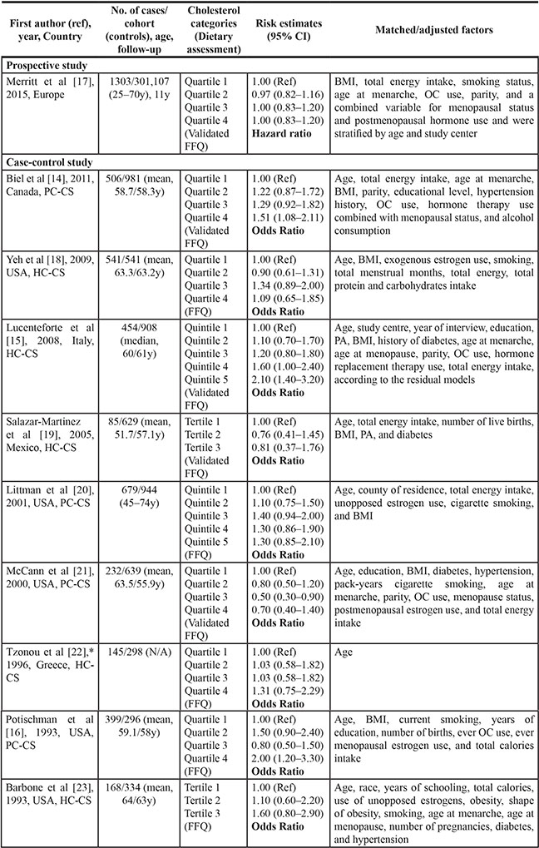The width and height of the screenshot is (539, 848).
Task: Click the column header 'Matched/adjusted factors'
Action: click(433, 29)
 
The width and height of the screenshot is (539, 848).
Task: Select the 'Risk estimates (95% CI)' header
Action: click(285, 29)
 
